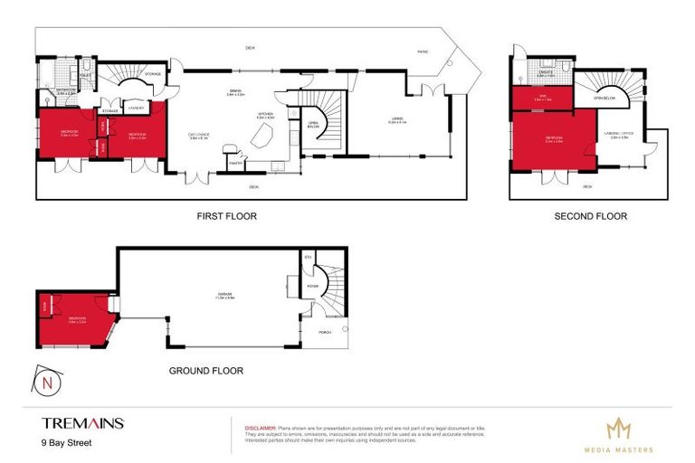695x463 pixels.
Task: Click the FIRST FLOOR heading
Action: point(227,216)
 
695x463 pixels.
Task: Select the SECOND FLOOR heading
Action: point(590,216)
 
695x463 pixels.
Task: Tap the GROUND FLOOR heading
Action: point(206,370)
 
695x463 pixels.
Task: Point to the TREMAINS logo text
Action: point(82,422)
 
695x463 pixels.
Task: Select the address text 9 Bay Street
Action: point(67,443)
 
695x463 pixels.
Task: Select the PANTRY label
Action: point(234,164)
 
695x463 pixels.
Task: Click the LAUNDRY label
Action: point(137,109)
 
